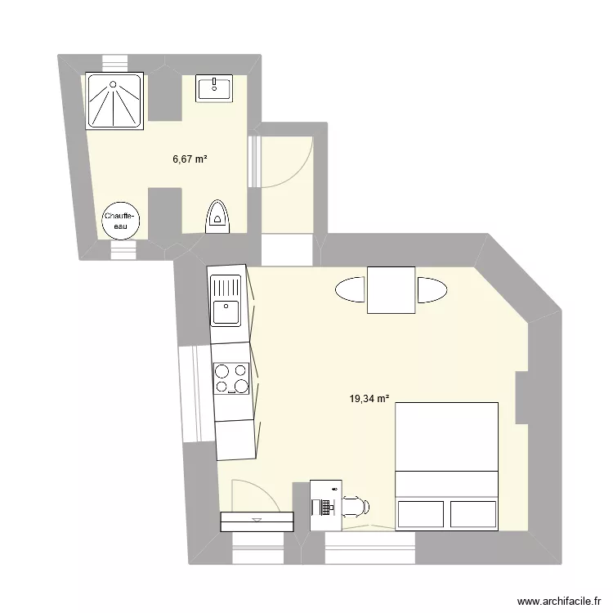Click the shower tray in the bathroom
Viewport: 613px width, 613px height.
114,101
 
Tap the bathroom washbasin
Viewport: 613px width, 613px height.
214,88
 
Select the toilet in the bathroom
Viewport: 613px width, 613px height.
217,217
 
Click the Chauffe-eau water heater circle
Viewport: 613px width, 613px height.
120,221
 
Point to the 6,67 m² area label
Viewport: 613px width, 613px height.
190,159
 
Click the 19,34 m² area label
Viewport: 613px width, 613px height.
369,399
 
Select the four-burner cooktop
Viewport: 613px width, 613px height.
231,378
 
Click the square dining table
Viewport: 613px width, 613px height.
391,290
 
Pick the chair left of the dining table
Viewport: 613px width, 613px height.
351,289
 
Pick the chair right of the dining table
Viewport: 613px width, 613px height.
432,290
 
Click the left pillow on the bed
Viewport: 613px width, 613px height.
421,514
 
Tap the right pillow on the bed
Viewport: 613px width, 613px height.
473,514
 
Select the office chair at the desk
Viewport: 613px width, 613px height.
356,507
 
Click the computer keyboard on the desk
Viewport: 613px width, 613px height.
324,508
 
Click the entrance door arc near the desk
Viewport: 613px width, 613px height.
262,489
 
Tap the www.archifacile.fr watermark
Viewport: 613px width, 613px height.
559,602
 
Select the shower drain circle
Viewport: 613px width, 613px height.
113,84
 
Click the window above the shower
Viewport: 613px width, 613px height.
115,63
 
